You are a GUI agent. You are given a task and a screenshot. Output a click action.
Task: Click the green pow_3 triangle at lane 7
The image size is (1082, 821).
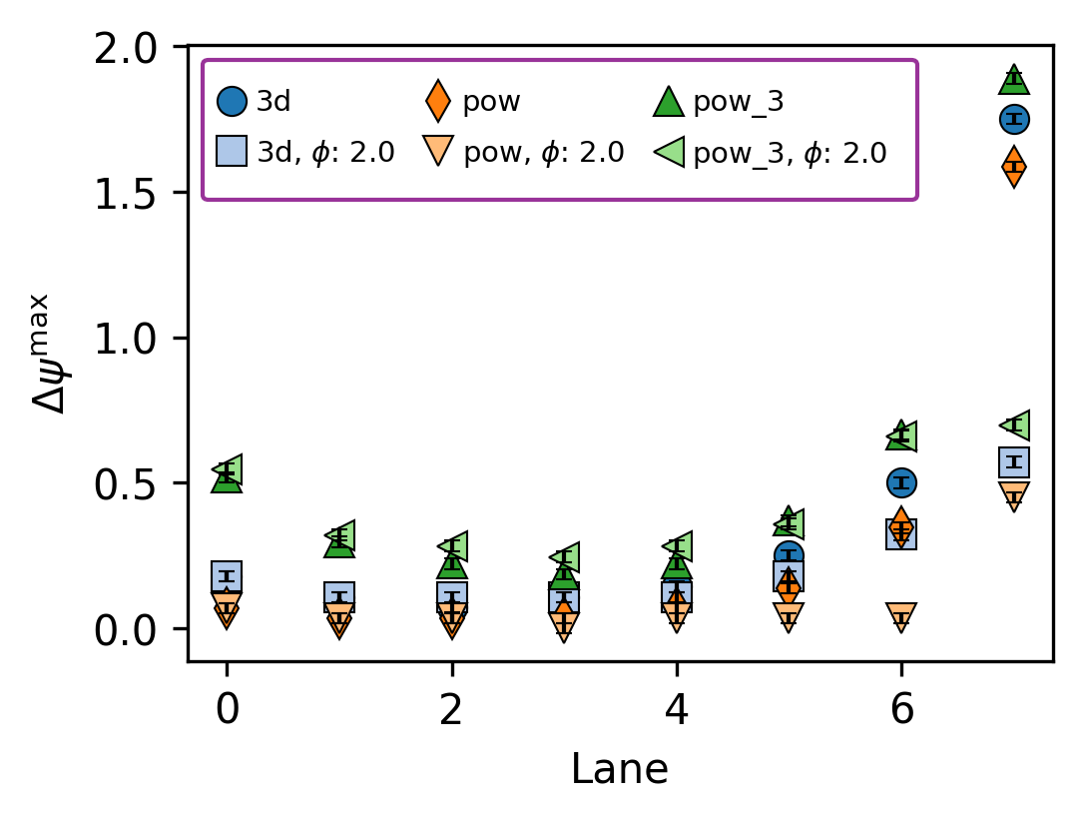pos(1014,79)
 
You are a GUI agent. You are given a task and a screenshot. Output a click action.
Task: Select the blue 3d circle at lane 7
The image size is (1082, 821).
pos(1014,119)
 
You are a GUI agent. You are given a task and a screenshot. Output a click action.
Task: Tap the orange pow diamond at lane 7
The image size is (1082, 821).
pos(1014,166)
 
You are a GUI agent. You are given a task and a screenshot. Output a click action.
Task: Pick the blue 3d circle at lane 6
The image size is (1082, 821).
pos(901,482)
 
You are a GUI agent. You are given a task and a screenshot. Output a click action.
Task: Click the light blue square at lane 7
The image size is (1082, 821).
pos(1014,461)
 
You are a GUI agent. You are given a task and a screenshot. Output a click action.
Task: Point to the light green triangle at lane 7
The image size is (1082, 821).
pos(1016,424)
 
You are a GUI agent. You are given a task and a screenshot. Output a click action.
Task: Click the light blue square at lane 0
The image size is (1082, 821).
pos(227,576)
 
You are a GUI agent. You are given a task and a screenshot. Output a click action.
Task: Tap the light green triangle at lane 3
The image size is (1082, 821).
pos(566,556)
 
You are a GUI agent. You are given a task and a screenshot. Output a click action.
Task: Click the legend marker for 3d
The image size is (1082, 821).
pos(232,101)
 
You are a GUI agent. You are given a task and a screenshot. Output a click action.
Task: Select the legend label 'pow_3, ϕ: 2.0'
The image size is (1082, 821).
pos(790,153)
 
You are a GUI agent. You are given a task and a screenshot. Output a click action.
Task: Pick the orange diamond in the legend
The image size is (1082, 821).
pos(438,101)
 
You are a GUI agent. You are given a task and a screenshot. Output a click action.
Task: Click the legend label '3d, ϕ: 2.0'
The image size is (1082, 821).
pos(325,153)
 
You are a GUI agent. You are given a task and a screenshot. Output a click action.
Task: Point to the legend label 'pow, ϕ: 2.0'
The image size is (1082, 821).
pos(544,153)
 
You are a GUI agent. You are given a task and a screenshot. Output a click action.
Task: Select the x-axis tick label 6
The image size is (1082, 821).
pos(901,710)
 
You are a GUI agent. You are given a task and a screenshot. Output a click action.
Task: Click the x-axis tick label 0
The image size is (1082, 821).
pos(227,710)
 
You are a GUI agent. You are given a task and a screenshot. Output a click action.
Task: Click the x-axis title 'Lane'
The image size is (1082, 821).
pos(619,769)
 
